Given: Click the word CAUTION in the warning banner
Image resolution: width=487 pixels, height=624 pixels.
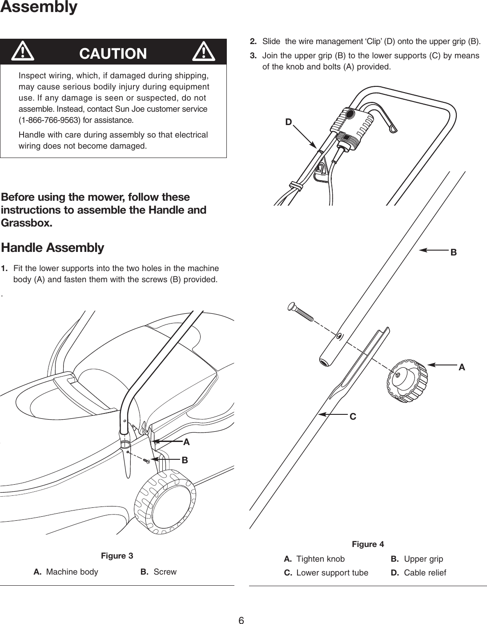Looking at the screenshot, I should (x=113, y=53).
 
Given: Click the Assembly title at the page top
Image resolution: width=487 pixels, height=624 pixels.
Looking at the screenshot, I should (x=39, y=7).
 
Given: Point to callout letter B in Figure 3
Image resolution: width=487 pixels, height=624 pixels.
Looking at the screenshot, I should (x=184, y=461).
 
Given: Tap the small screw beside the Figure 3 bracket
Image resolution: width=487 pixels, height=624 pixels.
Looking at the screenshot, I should (x=145, y=461).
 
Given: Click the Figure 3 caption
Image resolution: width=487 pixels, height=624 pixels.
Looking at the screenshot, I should (x=117, y=556).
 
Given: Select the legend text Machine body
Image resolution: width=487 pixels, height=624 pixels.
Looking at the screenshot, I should (x=72, y=572).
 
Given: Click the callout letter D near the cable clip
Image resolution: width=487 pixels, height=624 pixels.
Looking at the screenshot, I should (x=289, y=122).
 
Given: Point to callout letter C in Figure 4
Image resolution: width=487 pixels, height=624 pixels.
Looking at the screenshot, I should (x=353, y=417).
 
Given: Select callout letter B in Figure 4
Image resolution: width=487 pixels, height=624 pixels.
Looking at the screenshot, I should (x=453, y=252).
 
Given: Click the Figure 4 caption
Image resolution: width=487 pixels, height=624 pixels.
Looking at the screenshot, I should (x=368, y=544).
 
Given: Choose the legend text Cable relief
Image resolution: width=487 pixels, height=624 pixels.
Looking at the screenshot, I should (x=425, y=573).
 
